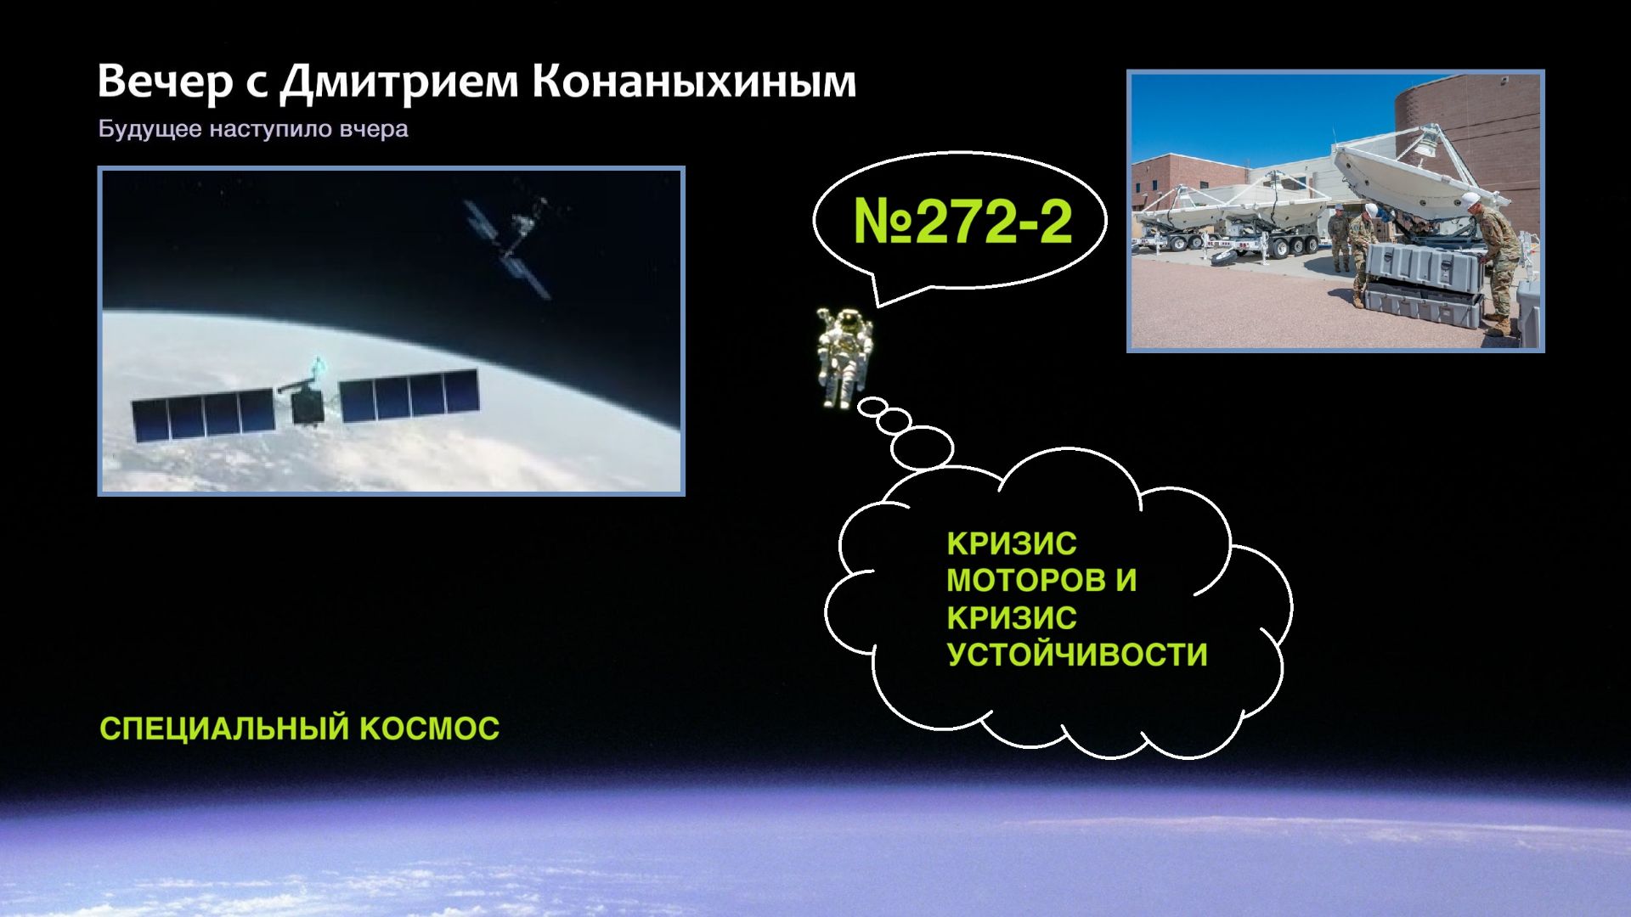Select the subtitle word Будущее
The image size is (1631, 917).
click(150, 129)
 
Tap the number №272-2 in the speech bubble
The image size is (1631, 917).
click(962, 222)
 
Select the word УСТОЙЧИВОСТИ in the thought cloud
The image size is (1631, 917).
click(1076, 655)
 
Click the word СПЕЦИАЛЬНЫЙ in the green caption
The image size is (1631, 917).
click(224, 729)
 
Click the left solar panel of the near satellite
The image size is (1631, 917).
click(204, 415)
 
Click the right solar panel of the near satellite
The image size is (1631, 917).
click(409, 397)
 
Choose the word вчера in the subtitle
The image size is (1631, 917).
click(374, 129)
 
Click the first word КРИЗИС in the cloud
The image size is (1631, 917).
click(1011, 543)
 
